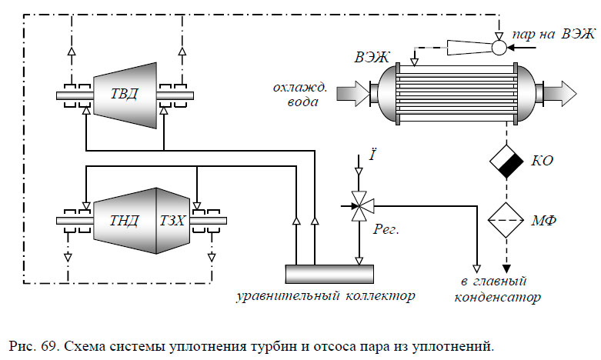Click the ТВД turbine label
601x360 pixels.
[122, 95]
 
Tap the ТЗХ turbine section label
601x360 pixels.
[172, 221]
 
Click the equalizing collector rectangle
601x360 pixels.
[329, 273]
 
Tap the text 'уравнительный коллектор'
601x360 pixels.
[326, 295]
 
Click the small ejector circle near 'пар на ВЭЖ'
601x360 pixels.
[499, 48]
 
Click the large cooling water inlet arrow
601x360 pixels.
[356, 94]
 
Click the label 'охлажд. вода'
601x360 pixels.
[300, 94]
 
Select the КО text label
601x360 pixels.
[541, 161]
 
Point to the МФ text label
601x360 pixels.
[544, 221]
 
